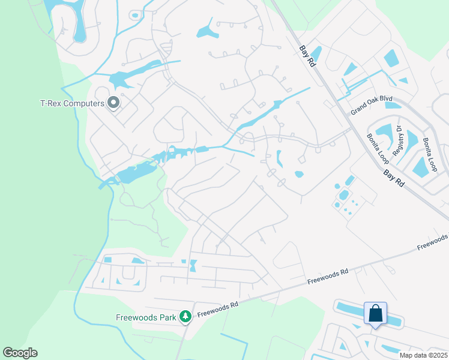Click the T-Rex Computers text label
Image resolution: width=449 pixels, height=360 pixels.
point(71,103)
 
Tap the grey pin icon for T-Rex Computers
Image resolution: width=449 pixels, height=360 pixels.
point(113,103)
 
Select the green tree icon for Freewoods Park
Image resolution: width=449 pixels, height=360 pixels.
point(186,316)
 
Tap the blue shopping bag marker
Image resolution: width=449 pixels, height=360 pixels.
point(375,313)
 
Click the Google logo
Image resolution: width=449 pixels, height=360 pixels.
point(20,353)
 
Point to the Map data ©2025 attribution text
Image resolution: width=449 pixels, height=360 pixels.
point(423,355)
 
